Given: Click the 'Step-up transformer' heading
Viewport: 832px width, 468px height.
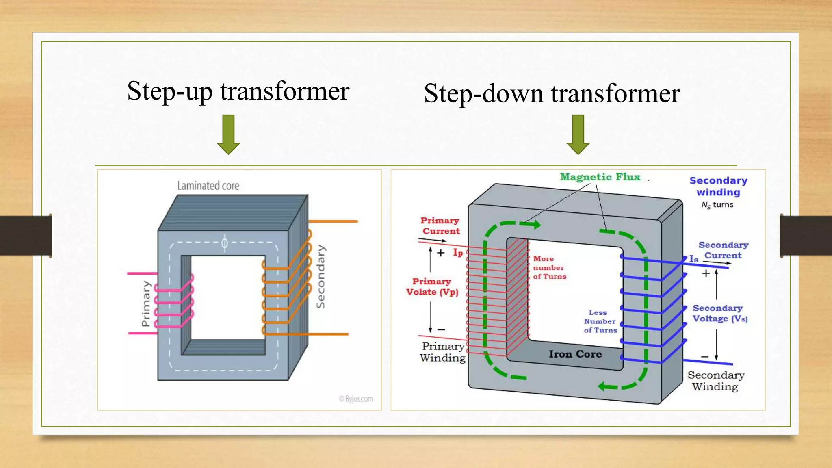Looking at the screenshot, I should point(238,91).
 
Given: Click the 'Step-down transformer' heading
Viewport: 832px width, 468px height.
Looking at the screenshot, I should point(552,93).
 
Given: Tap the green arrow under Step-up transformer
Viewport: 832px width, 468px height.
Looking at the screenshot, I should point(228,134).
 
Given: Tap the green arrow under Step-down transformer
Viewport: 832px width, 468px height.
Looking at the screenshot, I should point(578,134).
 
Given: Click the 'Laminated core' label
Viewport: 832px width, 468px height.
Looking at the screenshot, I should point(208,186).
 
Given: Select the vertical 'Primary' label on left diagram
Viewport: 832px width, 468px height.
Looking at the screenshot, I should point(146,303).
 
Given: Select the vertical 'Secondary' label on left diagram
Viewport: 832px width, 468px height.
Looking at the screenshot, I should point(321,276).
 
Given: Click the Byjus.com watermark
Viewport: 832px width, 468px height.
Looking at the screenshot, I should point(356,399).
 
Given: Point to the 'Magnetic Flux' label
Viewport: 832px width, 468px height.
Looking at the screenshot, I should point(600,177).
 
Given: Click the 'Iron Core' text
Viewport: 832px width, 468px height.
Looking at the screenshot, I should point(575,354).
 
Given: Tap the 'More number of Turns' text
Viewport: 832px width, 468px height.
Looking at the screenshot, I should point(549,268).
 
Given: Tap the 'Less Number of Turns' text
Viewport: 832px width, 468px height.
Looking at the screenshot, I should point(600,321).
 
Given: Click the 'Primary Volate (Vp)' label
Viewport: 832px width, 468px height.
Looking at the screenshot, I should point(432,287).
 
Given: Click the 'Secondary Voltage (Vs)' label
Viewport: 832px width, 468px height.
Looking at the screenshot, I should point(719,314).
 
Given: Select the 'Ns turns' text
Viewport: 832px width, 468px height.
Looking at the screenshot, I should point(717,205).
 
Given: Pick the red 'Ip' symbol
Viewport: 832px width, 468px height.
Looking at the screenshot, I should point(458,253).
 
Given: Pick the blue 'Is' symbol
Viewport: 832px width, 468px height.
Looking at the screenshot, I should point(693,259).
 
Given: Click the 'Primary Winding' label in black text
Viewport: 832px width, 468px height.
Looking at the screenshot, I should point(442,352).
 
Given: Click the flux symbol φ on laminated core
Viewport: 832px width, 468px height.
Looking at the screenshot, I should point(225,243).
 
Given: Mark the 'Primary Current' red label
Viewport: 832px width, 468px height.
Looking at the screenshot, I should point(440,226).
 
